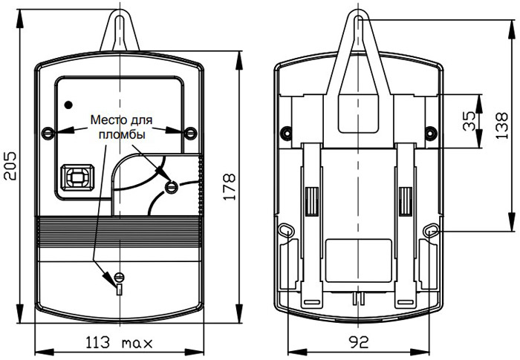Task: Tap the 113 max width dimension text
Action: pyautogui.click(x=118, y=344)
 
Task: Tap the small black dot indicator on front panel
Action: pyautogui.click(x=68, y=103)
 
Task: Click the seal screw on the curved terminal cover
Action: pyautogui.click(x=172, y=186)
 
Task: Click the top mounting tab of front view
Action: pyautogui.click(x=119, y=30)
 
